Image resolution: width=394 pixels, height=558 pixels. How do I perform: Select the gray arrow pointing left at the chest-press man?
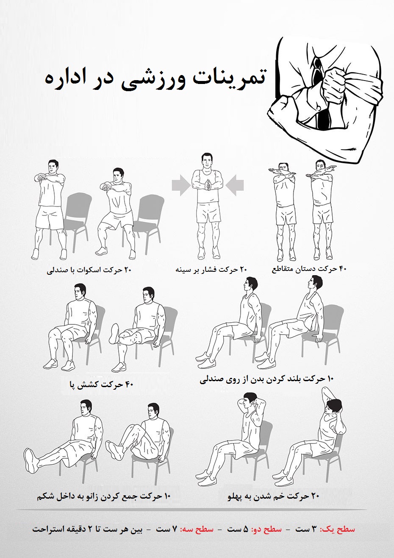235,184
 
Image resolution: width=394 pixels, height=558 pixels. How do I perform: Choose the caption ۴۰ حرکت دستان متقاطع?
309,268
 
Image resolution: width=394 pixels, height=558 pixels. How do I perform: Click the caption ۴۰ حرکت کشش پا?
101,385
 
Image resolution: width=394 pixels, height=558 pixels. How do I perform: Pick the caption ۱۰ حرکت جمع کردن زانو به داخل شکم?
103,495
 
